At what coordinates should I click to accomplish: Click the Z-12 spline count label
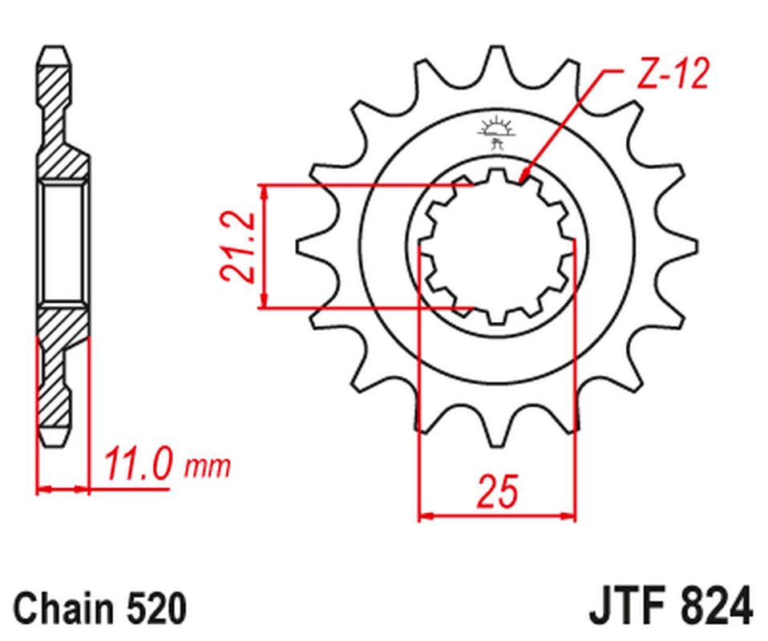674,76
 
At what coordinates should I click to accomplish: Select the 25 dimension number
497,492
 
